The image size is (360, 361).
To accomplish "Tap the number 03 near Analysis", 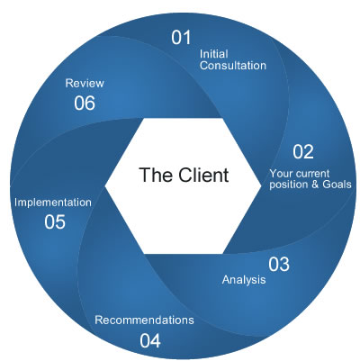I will (x=279, y=265).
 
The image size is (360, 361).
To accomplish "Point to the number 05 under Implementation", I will (x=54, y=221).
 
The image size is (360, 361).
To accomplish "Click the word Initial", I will (x=214, y=52).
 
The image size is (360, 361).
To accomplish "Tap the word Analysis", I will (x=244, y=280).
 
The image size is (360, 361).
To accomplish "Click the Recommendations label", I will (x=144, y=320).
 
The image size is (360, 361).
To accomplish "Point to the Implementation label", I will (x=52, y=203).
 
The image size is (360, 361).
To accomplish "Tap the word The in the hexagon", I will (x=153, y=174).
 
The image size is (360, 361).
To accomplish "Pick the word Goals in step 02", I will (x=335, y=185).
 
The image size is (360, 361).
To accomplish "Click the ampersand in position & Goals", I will (x=312, y=185).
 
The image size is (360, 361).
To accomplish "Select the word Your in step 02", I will (x=282, y=172).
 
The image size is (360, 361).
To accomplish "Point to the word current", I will (x=316, y=172).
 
